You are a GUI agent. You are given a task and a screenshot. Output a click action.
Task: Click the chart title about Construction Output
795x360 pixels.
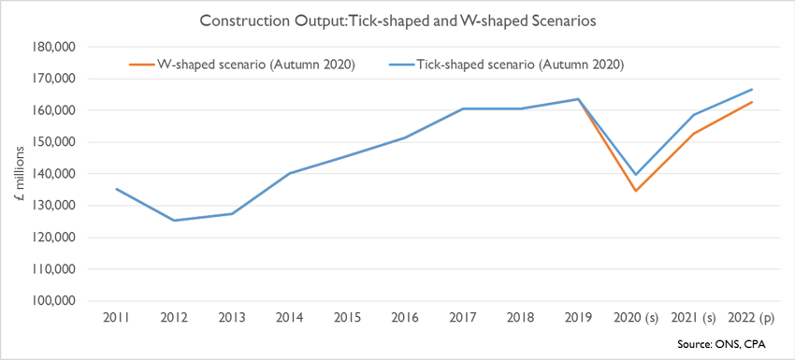pyautogui.click(x=397, y=21)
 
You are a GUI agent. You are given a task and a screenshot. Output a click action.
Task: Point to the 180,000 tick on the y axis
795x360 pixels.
pyautogui.click(x=53, y=47)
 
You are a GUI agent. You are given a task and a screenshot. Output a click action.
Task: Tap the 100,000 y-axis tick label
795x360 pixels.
pyautogui.click(x=53, y=301)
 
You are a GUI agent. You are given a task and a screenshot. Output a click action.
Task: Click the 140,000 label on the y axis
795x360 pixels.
pyautogui.click(x=53, y=174)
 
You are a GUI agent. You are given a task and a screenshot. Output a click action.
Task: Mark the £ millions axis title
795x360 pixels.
pyautogui.click(x=20, y=173)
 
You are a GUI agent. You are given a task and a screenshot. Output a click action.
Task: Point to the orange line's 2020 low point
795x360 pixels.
pyautogui.click(x=636, y=191)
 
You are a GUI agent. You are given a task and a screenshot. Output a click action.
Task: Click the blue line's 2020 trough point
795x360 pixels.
pyautogui.click(x=636, y=175)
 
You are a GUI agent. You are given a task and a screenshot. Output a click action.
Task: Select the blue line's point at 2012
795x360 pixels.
pyautogui.click(x=174, y=221)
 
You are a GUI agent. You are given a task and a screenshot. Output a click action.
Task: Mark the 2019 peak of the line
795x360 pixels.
pyautogui.click(x=579, y=99)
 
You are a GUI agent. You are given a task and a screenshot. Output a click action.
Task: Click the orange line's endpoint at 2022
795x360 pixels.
pyautogui.click(x=752, y=102)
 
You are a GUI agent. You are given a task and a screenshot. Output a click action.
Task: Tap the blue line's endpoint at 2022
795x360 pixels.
pyautogui.click(x=752, y=89)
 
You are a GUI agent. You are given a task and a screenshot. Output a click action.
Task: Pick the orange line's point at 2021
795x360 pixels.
pyautogui.click(x=694, y=134)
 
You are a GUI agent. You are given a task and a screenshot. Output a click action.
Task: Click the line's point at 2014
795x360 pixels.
pyautogui.click(x=290, y=173)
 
